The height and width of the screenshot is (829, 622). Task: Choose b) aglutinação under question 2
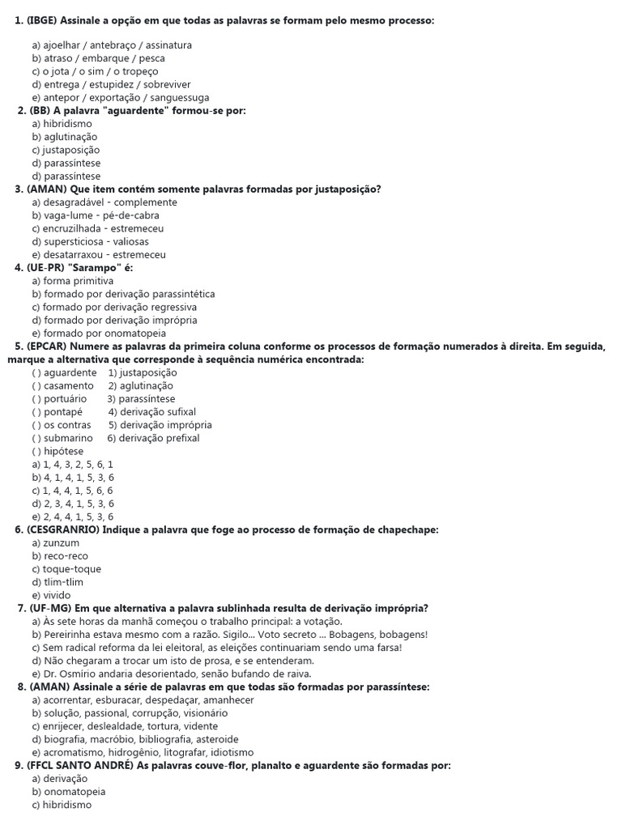click(x=64, y=137)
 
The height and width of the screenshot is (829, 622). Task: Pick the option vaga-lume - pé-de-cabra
click(x=96, y=215)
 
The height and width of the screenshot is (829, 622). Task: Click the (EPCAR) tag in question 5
click(x=49, y=346)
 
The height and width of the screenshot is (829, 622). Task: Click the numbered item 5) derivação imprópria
click(x=160, y=424)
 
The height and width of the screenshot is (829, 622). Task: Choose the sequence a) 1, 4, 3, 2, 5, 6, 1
click(x=73, y=464)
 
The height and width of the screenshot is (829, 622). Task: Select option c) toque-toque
click(x=66, y=569)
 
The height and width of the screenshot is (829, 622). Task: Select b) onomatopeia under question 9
click(x=69, y=792)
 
